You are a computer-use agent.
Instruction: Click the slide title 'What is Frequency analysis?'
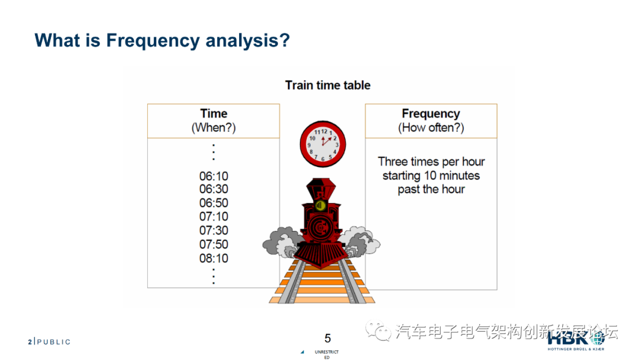[x=162, y=40]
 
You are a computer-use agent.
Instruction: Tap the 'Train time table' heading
[x=328, y=85]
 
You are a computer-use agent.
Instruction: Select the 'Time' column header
[x=214, y=114]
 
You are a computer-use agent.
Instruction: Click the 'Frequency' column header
[x=431, y=114]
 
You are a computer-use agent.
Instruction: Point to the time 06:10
[x=214, y=176]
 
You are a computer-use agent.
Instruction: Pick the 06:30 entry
[x=214, y=189]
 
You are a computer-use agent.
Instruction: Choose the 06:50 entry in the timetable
[x=214, y=203]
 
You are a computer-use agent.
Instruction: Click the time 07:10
[x=214, y=217]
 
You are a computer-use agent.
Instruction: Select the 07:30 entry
[x=214, y=230]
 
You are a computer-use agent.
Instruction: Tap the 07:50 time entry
[x=214, y=244]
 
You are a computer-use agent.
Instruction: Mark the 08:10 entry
[x=214, y=258]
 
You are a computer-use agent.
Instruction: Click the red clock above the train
[x=322, y=144]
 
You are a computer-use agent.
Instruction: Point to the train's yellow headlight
[x=320, y=205]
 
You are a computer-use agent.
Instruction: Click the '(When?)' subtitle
[x=214, y=128]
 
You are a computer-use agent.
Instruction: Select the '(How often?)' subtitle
[x=431, y=128]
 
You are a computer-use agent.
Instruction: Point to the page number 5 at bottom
[x=328, y=339]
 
